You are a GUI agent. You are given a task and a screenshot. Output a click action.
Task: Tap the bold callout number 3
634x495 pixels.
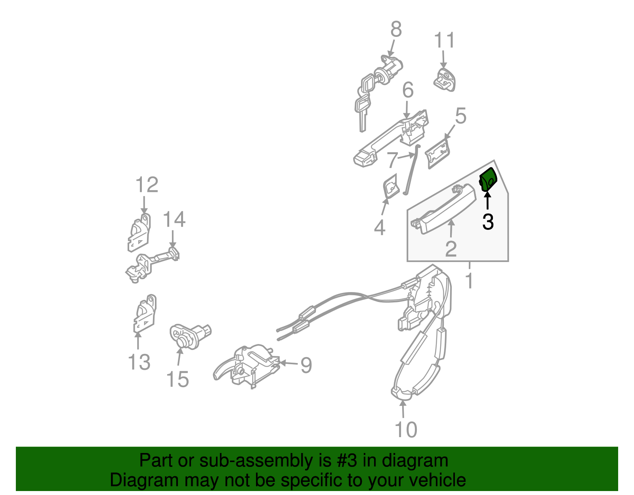[x=488, y=222]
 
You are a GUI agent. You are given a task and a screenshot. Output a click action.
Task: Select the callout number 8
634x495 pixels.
[x=396, y=29]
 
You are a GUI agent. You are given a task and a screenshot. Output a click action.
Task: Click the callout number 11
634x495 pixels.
[x=444, y=40]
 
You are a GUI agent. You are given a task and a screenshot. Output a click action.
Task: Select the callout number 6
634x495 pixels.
[x=408, y=90]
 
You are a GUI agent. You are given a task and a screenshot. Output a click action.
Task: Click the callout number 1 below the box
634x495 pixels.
[x=469, y=281]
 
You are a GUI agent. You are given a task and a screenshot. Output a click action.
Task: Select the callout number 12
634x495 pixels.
[x=147, y=185]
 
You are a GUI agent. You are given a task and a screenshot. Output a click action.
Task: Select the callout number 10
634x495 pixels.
[x=406, y=430]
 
